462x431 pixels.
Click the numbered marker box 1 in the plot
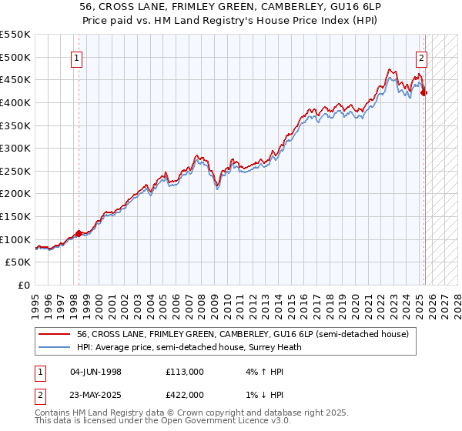click(x=79, y=57)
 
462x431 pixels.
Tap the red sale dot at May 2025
click(x=424, y=93)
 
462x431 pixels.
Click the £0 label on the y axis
click(x=24, y=285)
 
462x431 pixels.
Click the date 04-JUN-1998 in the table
click(x=95, y=372)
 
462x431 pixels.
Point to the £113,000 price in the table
click(x=184, y=372)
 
